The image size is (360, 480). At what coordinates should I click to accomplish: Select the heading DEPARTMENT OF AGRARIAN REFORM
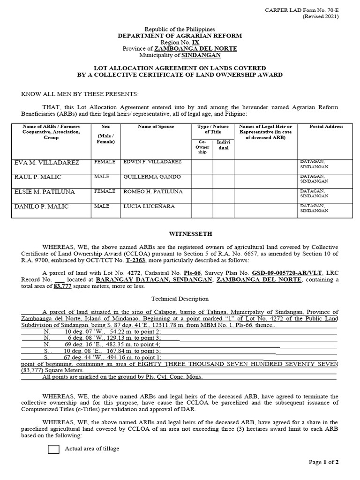[x=180, y=36]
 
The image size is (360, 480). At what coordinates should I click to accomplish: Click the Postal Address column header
[x=326, y=127]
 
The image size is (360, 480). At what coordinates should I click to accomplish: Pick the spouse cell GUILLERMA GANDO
[x=146, y=177]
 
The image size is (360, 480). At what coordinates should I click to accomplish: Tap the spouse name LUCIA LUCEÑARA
[x=146, y=206]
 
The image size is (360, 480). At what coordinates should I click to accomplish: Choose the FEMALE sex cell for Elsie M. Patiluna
[x=105, y=191]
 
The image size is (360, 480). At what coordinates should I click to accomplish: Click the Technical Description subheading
[x=180, y=299]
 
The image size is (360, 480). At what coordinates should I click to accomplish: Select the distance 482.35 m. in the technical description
[x=109, y=344]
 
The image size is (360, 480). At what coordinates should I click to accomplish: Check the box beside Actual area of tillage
[x=54, y=450]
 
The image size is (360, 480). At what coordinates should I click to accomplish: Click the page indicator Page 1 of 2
[x=323, y=462]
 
